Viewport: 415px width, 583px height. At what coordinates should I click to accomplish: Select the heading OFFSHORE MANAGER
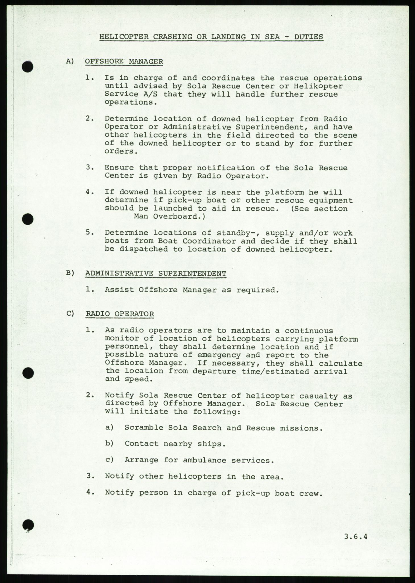point(124,61)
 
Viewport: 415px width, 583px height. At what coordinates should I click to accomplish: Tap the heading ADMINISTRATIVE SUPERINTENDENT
point(156,274)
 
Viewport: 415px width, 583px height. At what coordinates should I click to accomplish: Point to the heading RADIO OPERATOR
point(120,314)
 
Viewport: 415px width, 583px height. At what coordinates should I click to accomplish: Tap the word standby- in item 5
point(235,233)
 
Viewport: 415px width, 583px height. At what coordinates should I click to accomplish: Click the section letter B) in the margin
point(70,273)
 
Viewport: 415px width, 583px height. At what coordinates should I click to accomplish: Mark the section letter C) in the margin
point(70,314)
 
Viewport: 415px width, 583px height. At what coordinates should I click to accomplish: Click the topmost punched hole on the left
point(28,67)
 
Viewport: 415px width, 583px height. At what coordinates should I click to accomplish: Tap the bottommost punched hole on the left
point(28,525)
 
